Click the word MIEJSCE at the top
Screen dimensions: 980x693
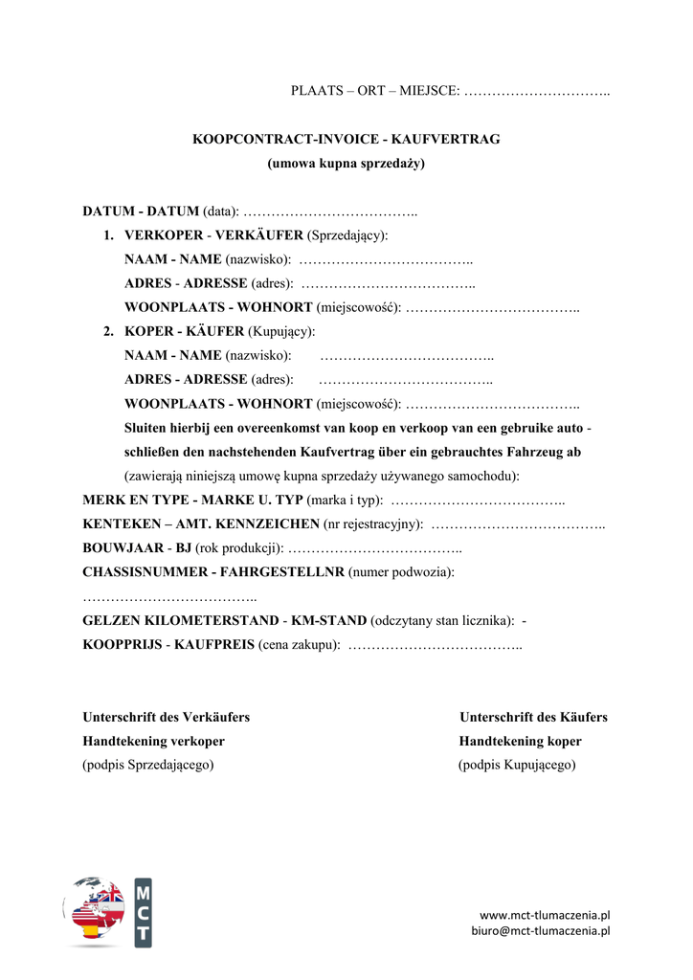pos(429,91)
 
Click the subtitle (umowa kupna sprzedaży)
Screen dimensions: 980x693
pos(346,164)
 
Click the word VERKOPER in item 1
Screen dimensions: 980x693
pos(164,234)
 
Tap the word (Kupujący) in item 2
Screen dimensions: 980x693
pos(281,331)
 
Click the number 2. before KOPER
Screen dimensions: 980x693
pos(110,331)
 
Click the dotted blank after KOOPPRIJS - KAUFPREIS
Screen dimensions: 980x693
pos(436,645)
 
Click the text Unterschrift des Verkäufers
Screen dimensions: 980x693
pos(167,717)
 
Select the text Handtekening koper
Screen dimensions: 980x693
pos(520,741)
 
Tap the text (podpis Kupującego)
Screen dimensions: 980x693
pos(517,765)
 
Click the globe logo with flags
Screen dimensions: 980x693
pos(95,911)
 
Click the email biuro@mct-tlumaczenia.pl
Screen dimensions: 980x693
pos(540,930)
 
